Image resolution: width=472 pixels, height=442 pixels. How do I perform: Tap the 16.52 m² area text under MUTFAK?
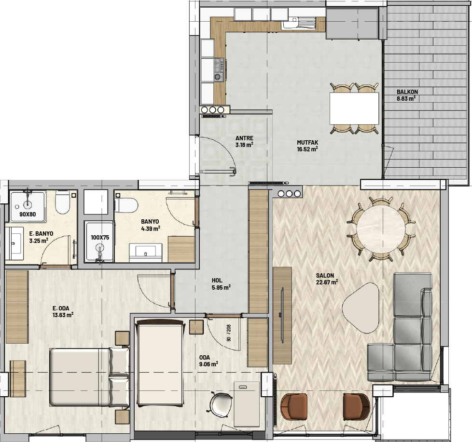click(307, 149)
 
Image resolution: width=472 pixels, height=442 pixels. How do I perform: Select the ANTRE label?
click(244, 138)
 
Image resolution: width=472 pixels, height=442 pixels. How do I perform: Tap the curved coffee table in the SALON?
click(361, 308)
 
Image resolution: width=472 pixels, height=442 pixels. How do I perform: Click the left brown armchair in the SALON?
click(294, 406)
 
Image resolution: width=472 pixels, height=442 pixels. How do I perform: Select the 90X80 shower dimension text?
click(28, 214)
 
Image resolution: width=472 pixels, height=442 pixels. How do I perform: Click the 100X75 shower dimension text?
click(100, 238)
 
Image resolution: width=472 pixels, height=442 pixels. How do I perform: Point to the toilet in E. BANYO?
click(63, 202)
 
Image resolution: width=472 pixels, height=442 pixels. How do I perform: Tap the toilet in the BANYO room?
click(126, 205)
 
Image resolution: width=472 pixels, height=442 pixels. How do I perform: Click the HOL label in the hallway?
click(217, 281)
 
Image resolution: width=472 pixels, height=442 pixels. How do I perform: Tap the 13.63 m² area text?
click(63, 315)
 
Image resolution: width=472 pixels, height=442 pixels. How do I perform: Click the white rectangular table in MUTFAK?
click(354, 108)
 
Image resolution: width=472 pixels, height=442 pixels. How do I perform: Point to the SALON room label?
click(325, 275)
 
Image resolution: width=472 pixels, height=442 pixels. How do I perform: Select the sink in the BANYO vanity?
click(146, 251)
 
